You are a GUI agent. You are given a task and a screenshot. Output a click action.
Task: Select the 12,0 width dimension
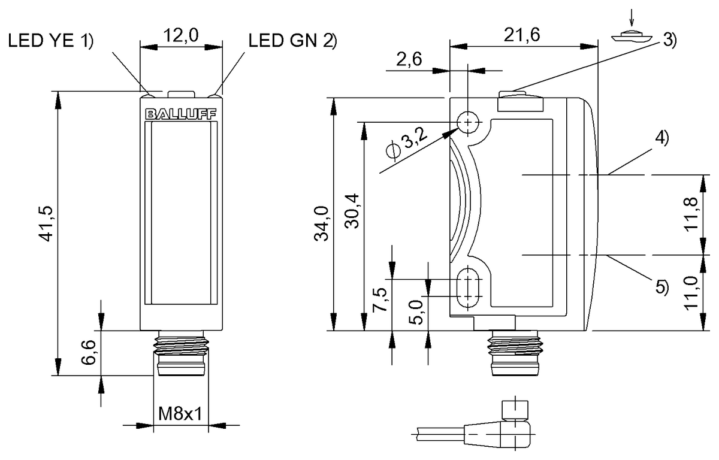182,37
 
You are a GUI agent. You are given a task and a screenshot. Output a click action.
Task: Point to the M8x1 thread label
180,414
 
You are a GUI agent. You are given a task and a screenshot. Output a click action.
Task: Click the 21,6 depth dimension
522,35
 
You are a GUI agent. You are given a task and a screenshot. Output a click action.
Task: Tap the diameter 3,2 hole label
407,144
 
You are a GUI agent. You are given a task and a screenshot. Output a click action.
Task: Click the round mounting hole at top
469,123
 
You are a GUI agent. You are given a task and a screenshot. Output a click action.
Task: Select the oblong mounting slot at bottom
468,287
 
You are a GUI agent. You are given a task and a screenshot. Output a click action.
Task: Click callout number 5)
660,287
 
